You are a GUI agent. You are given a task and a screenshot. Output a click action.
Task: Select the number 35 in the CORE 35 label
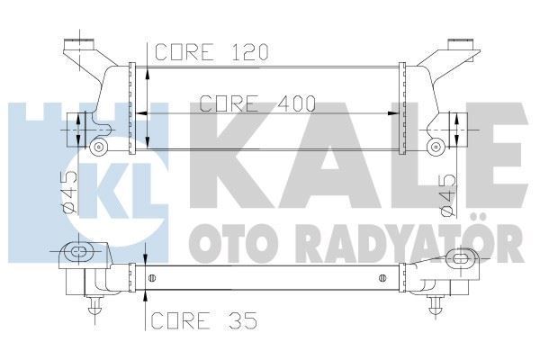coord(227,319)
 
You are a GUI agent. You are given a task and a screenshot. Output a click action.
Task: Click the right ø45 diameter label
coord(447,194)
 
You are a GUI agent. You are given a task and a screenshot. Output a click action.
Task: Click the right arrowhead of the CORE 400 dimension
coord(394,113)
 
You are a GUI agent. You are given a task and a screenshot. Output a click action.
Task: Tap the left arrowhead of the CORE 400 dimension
coord(141,113)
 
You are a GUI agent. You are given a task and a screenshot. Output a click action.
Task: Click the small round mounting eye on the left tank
coord(100,144)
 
